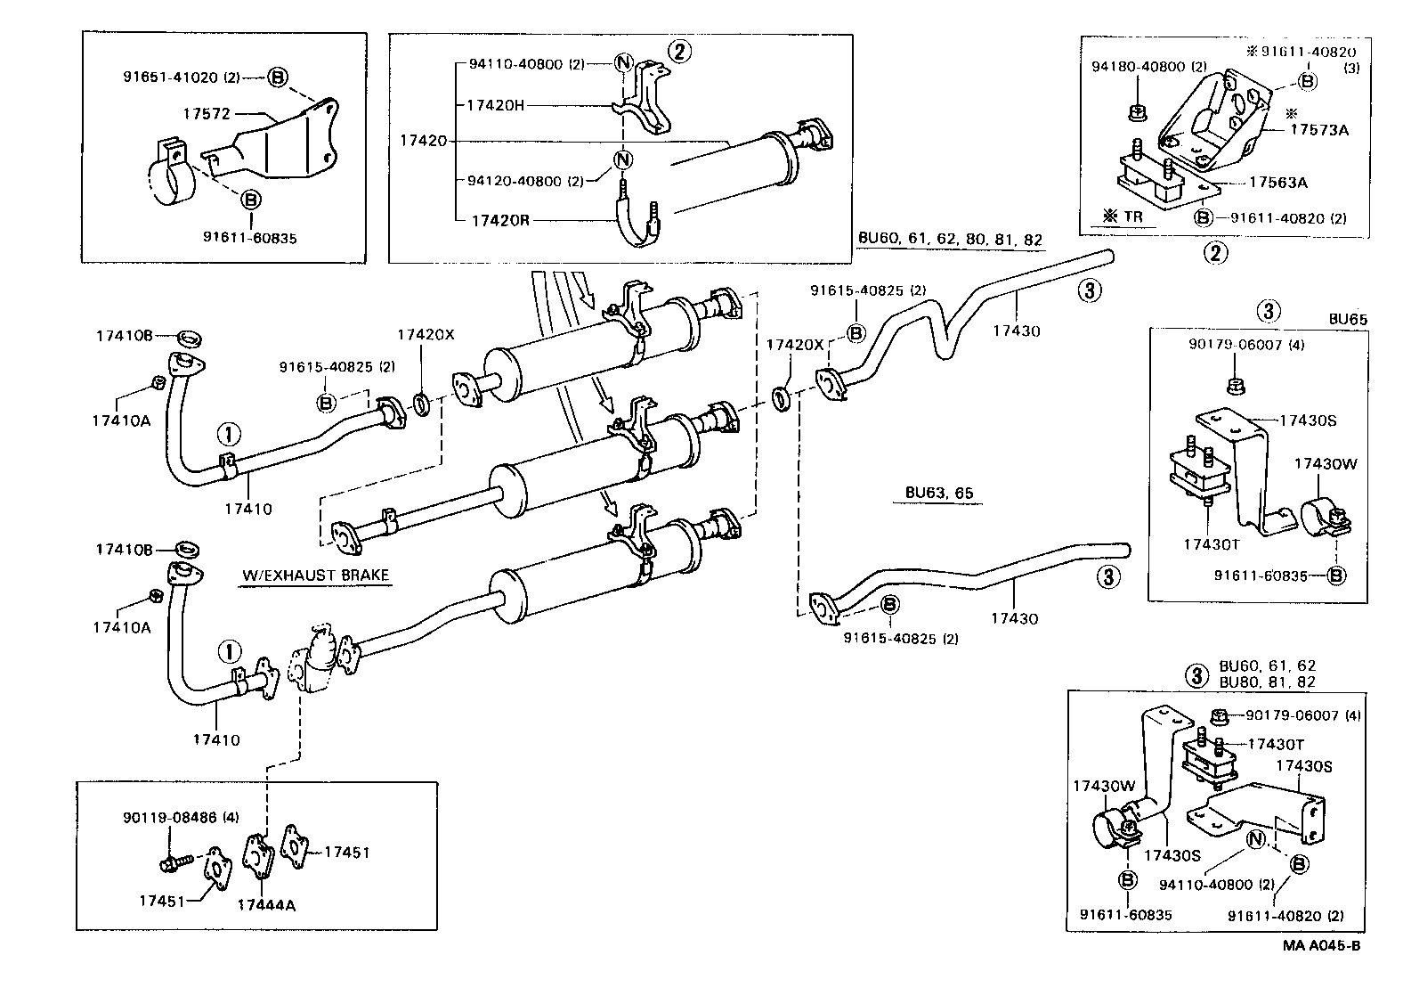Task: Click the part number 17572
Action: click(207, 114)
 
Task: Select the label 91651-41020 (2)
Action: click(182, 78)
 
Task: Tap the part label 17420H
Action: click(495, 105)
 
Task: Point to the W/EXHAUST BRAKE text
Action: click(316, 575)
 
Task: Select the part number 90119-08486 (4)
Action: click(181, 817)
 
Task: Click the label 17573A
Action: click(1319, 130)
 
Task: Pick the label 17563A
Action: click(1277, 182)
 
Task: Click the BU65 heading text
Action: click(1348, 318)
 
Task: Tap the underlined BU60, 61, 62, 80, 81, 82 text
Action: click(949, 240)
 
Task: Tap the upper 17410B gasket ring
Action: click(189, 338)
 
